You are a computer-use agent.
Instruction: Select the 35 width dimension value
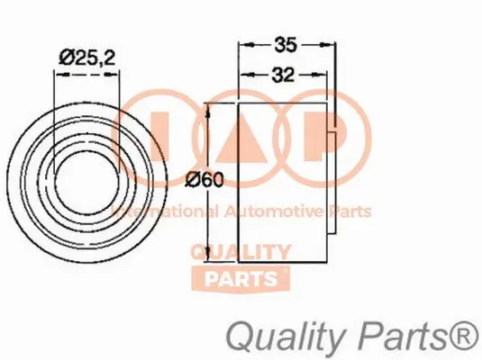coord(284,41)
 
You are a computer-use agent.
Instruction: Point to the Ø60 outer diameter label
coord(205,180)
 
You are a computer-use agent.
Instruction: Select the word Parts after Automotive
coord(350,211)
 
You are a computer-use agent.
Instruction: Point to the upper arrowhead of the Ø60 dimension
coord(211,109)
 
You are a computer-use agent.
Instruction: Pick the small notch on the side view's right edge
coord(337,136)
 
